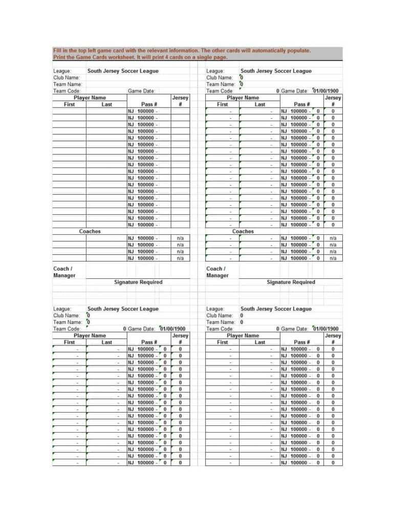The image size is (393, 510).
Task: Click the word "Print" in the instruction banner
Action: point(60,57)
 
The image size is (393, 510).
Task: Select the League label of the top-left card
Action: point(62,71)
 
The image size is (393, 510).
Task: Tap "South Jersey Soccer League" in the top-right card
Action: point(276,71)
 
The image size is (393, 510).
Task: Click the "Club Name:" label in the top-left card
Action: point(67,78)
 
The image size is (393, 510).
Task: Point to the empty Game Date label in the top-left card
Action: point(141,91)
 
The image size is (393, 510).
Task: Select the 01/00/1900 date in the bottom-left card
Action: point(172,329)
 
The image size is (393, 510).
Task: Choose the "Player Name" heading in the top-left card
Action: point(90,97)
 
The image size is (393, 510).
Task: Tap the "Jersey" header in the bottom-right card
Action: point(333,335)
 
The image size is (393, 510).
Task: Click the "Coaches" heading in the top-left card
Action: point(90,231)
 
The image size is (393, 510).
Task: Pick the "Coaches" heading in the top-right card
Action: point(243,231)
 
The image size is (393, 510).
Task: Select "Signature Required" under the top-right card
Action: point(291,282)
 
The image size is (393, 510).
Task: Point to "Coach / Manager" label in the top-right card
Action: point(217,272)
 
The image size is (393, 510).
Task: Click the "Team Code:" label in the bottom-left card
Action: point(67,329)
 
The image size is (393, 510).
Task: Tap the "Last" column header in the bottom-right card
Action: point(260,342)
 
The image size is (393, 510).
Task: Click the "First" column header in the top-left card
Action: point(69,104)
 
